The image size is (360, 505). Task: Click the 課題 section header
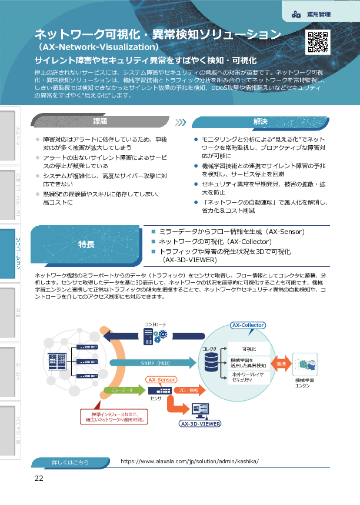pyautogui.click(x=101, y=122)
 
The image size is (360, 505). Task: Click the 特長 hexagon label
pyautogui.click(x=86, y=244)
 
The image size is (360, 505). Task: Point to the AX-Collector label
pyautogui.click(x=248, y=325)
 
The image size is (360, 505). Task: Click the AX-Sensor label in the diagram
pyautogui.click(x=161, y=380)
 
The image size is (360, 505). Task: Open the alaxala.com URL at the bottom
pyautogui.click(x=189, y=461)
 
